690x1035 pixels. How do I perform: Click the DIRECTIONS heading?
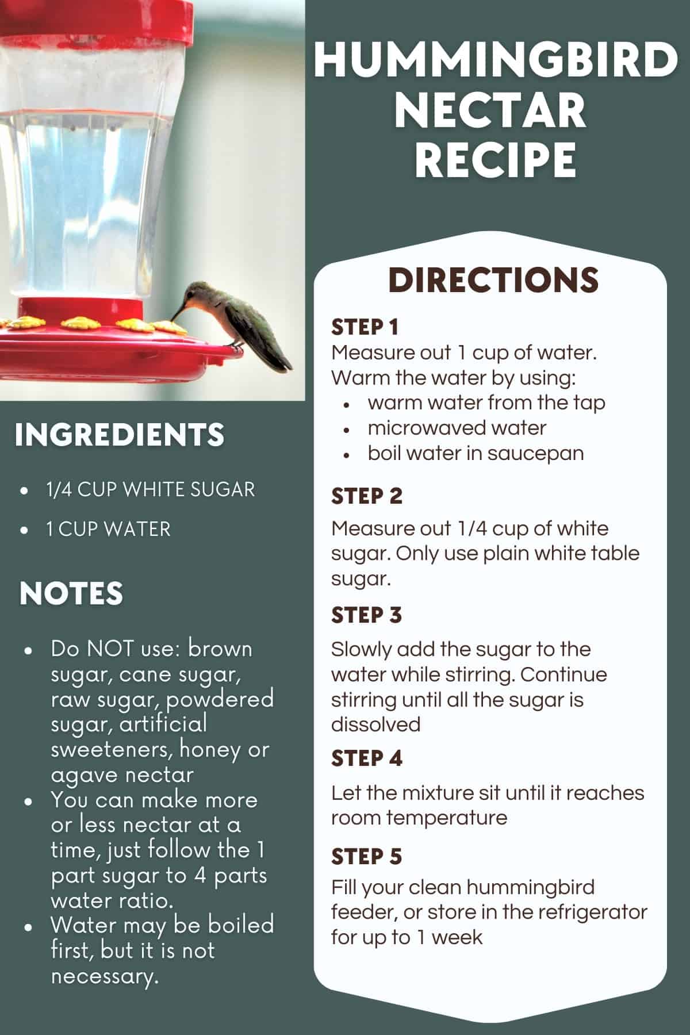(493, 280)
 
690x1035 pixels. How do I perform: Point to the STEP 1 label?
(365, 327)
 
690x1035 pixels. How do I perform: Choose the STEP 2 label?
(366, 496)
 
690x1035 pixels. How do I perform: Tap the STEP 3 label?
(366, 615)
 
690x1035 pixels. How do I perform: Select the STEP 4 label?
(366, 758)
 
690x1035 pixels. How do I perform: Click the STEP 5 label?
(366, 856)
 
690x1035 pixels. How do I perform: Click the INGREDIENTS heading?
(120, 435)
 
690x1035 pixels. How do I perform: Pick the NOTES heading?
(71, 593)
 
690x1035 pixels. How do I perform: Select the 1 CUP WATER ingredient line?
(109, 529)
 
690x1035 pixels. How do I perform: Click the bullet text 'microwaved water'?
(457, 428)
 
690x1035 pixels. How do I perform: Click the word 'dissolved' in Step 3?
(375, 724)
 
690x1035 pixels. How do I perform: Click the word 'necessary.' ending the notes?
(105, 976)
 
